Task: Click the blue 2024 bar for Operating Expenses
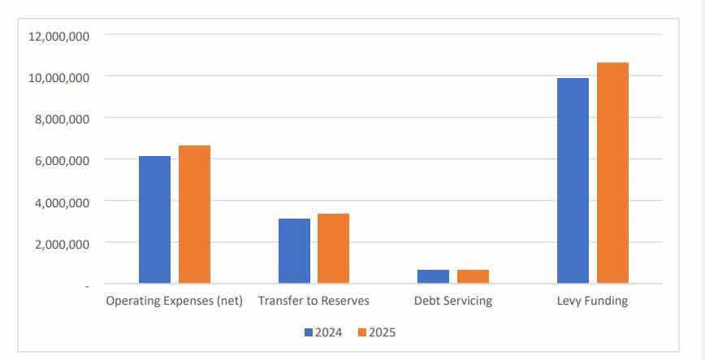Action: point(154,219)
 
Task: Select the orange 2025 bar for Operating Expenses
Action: point(194,215)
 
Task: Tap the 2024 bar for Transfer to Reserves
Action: point(294,251)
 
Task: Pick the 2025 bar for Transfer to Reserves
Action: point(333,249)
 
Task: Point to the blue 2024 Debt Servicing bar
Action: point(433,276)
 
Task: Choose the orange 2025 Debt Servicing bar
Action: point(473,276)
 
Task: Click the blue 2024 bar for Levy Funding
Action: point(573,180)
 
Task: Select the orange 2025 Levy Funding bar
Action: point(612,173)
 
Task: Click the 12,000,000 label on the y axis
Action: point(58,36)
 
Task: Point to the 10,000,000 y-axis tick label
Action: point(58,77)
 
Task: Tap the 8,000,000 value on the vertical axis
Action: point(61,119)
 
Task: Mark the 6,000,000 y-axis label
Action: point(61,160)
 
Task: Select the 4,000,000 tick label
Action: point(61,202)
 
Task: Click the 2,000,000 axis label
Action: point(61,243)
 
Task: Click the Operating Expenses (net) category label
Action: point(175,301)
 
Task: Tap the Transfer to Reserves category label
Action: point(314,301)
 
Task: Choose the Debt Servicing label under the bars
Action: point(453,301)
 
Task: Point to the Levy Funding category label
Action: point(592,301)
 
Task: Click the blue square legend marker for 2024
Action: point(309,332)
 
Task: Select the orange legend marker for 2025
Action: point(362,332)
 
